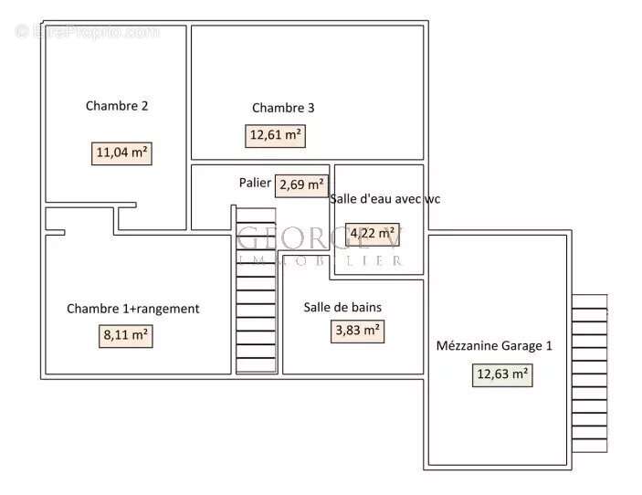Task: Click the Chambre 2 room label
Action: [x=117, y=106]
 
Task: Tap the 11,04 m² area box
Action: [x=121, y=153]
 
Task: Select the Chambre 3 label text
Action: [x=283, y=108]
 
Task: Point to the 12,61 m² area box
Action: [x=276, y=136]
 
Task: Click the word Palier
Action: [x=255, y=183]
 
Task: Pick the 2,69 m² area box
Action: [x=302, y=184]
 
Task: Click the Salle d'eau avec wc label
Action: [x=384, y=199]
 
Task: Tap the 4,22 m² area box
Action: [x=372, y=232]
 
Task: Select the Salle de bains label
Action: [x=342, y=307]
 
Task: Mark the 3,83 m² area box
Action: [x=357, y=332]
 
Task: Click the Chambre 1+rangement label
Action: [x=132, y=309]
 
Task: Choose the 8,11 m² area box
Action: [x=125, y=335]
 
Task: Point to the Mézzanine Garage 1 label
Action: [x=494, y=346]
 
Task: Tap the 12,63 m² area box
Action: [x=502, y=374]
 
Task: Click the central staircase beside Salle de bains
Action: [x=255, y=301]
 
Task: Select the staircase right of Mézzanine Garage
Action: [x=589, y=374]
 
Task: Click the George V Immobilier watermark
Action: [x=320, y=244]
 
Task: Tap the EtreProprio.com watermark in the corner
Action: [x=87, y=31]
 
